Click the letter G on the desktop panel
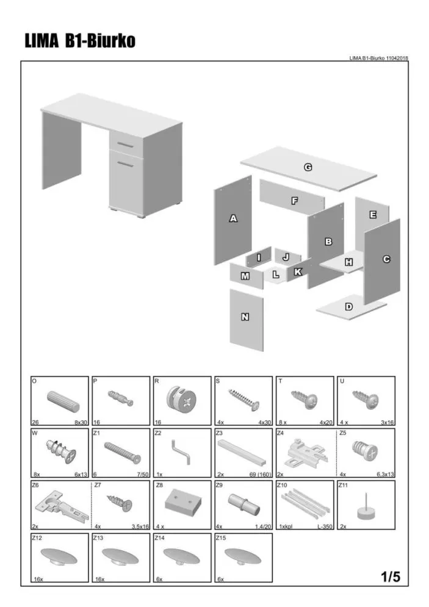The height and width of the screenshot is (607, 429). pos(308,167)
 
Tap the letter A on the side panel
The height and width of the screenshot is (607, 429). pos(233,218)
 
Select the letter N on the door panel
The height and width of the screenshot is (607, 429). pos(245,317)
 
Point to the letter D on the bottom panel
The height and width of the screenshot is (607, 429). pos(349,307)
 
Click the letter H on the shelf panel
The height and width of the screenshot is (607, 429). pos(349,262)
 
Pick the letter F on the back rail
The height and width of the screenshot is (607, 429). pos(295,201)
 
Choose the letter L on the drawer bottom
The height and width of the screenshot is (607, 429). pos(276,275)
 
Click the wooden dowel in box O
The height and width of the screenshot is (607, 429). pos(63,401)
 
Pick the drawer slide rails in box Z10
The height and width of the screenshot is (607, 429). pos(305,505)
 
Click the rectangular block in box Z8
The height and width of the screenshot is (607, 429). pos(182,503)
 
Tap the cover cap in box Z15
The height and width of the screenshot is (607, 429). pos(243,557)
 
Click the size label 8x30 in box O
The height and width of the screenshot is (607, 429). pos(81,422)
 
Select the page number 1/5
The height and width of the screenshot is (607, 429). pos(391,577)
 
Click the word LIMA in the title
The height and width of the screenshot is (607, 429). pos(42,41)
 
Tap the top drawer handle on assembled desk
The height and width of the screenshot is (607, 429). pos(125,145)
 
